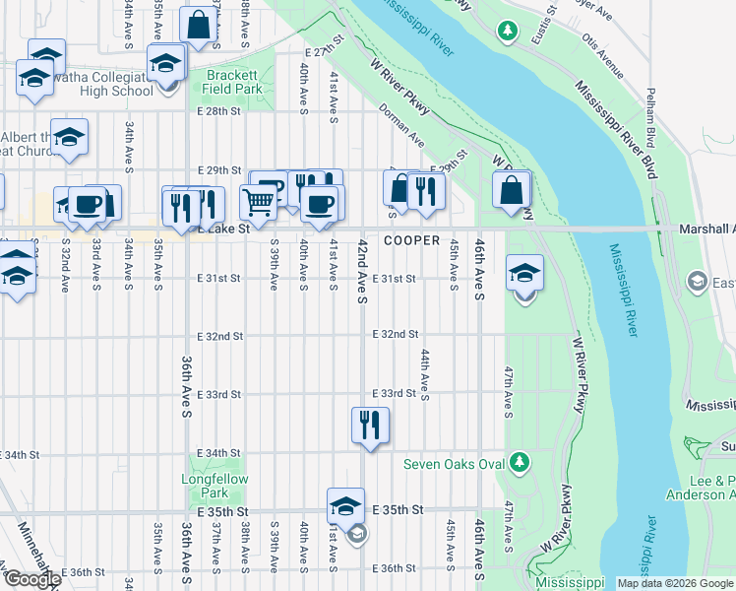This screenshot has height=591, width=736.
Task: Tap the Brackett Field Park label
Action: pyautogui.click(x=233, y=82)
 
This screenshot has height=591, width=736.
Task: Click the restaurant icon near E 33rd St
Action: pyautogui.click(x=370, y=425)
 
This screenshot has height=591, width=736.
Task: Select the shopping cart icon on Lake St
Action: pyautogui.click(x=257, y=203)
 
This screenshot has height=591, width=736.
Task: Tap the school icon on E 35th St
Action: pyautogui.click(x=345, y=506)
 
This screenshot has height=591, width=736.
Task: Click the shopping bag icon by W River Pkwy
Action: pyautogui.click(x=512, y=190)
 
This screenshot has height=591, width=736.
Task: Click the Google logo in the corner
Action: pyautogui.click(x=31, y=579)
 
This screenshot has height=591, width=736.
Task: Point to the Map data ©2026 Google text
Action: pyautogui.click(x=674, y=583)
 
